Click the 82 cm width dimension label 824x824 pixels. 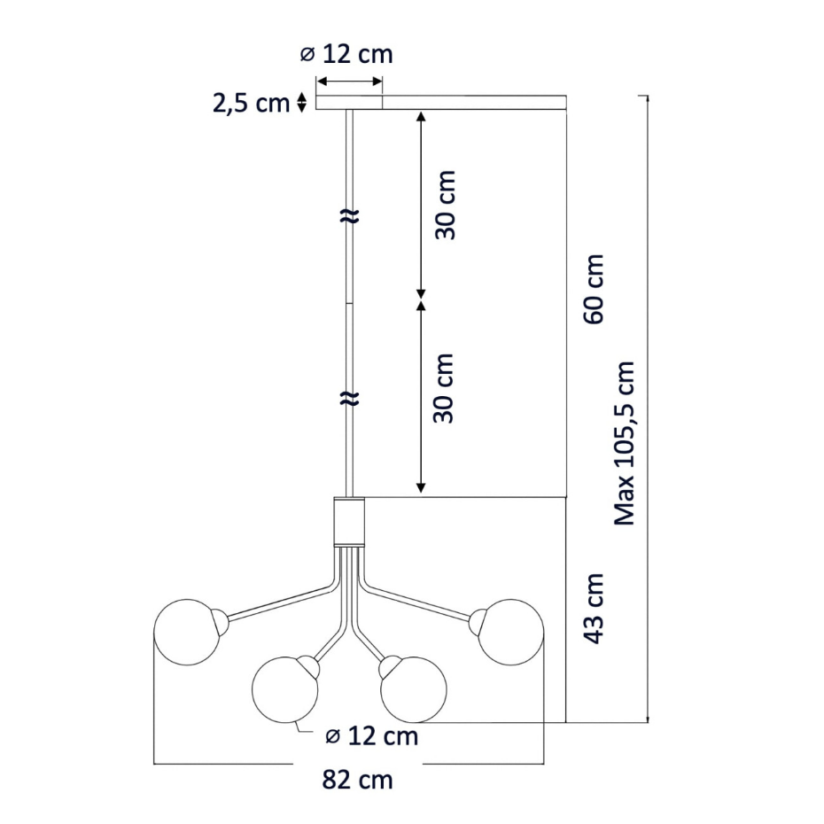(x=357, y=780)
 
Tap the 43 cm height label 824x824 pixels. (x=595, y=609)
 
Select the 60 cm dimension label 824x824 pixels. (x=594, y=289)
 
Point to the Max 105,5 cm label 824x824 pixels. (x=625, y=443)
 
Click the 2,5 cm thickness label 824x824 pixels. (x=252, y=103)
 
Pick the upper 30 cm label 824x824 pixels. (x=445, y=205)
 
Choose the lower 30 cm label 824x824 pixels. (x=443, y=388)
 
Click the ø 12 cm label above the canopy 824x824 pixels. (x=346, y=54)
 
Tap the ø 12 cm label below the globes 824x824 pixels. (x=372, y=735)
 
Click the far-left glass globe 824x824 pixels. (x=187, y=633)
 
